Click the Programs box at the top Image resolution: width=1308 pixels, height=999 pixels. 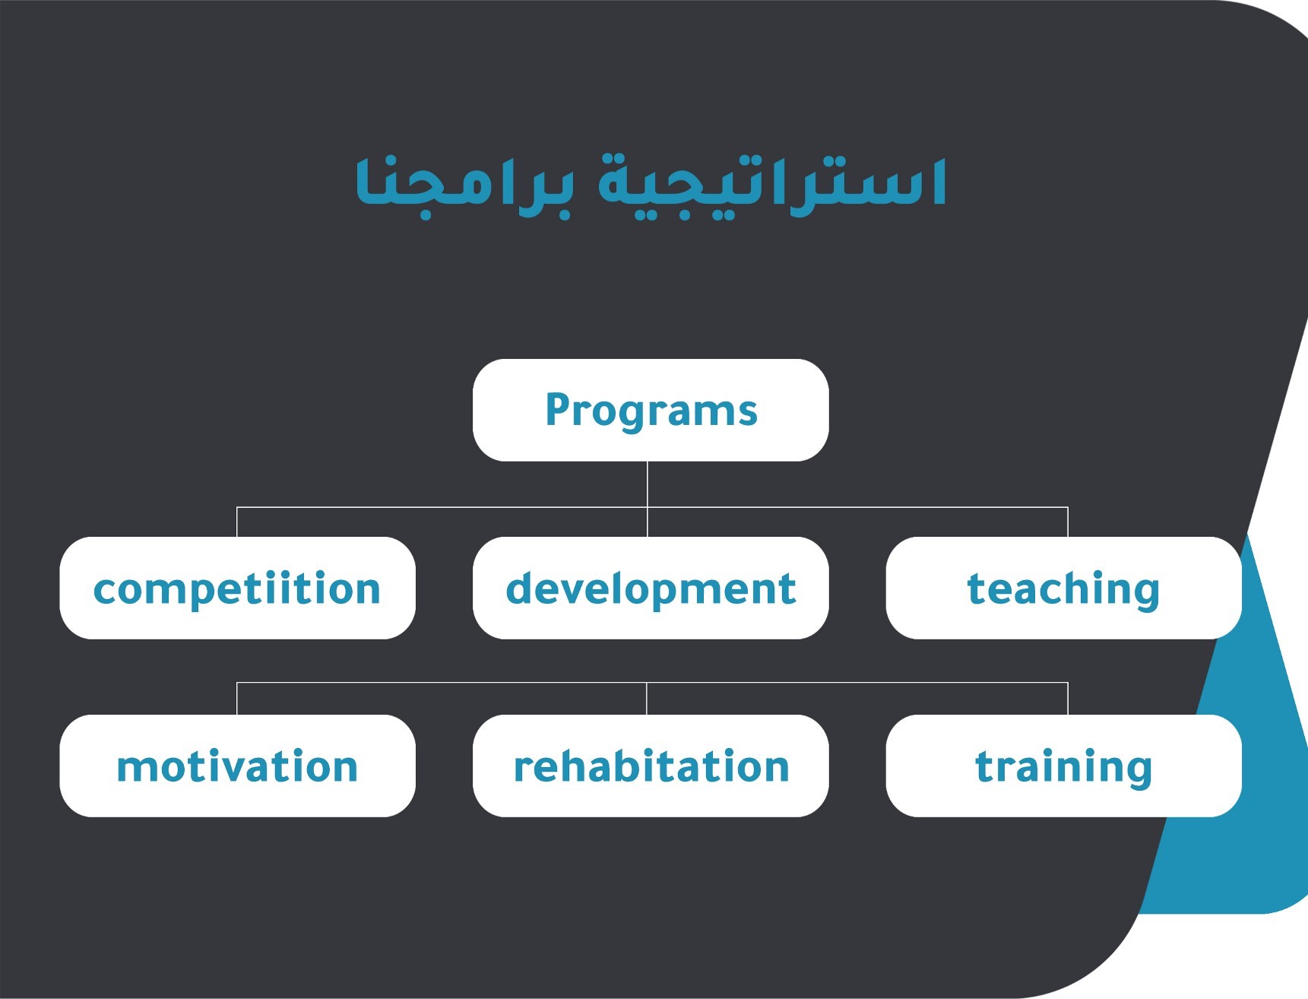click(x=651, y=410)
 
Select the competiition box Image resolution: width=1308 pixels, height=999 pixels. click(x=237, y=588)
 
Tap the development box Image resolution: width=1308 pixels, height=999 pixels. click(x=651, y=588)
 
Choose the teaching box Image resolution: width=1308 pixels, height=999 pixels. click(x=1063, y=588)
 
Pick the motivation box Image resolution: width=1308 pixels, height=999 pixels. click(x=237, y=766)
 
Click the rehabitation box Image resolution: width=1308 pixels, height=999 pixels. click(x=651, y=766)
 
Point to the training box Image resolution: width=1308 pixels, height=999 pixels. click(x=1063, y=766)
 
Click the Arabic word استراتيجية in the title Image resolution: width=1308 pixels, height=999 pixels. click(x=771, y=185)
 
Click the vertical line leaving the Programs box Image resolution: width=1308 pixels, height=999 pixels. click(x=648, y=484)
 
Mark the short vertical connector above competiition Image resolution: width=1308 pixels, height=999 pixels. click(x=237, y=522)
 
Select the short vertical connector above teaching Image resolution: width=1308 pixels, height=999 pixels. click(x=1068, y=522)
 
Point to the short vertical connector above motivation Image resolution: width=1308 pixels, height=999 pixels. click(x=237, y=699)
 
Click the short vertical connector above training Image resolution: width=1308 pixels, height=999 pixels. click(x=1068, y=699)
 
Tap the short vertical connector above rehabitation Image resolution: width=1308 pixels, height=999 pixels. click(x=647, y=699)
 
